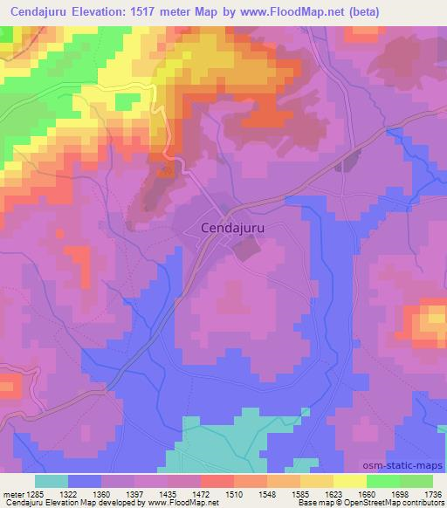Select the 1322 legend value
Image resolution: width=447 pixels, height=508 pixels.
[x=85, y=494]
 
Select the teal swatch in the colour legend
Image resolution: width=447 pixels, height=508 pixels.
[x=52, y=481]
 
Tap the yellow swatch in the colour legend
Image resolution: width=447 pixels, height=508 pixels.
[x=349, y=481]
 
